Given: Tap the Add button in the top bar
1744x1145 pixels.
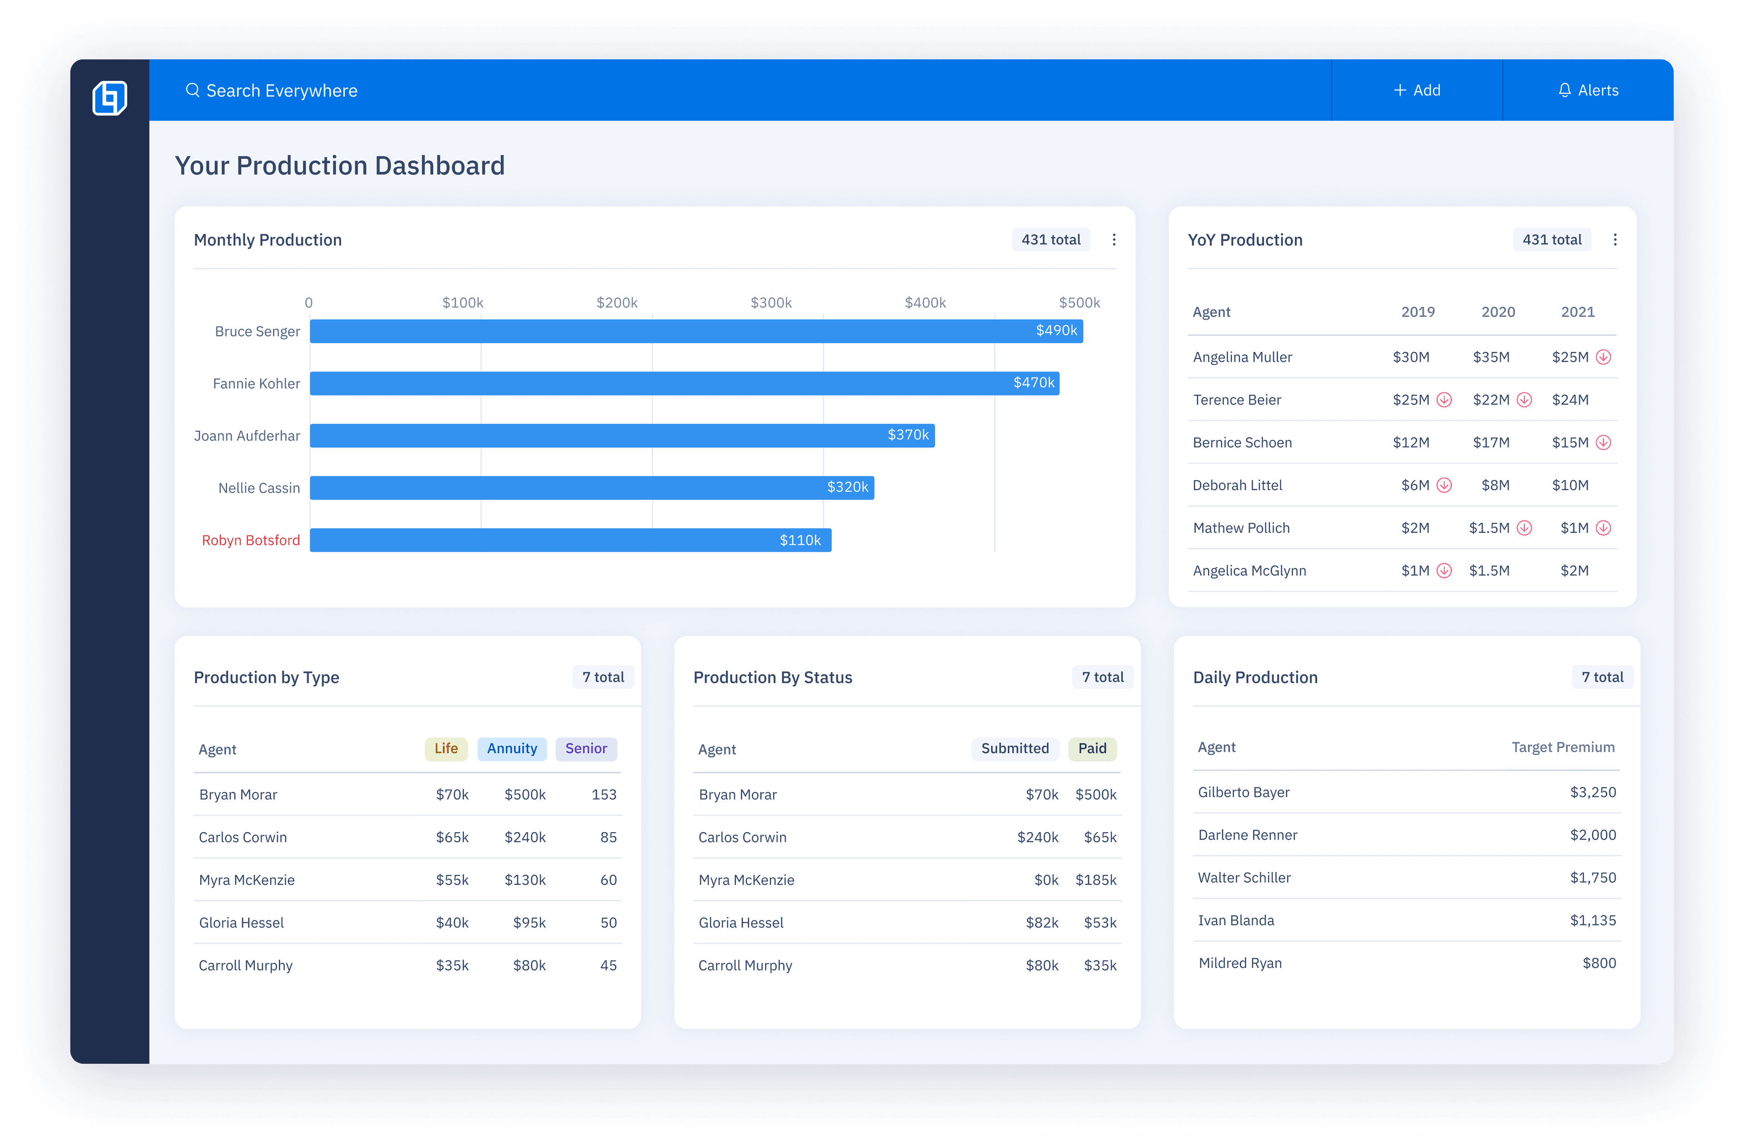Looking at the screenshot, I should click(x=1417, y=90).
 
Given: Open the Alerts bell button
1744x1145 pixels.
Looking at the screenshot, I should click(x=1588, y=90).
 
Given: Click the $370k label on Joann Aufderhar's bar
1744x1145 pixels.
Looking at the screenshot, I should click(x=908, y=435).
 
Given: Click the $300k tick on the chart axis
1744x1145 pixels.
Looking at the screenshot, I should click(x=771, y=302).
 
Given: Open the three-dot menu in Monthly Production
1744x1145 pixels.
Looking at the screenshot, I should click(x=1114, y=240).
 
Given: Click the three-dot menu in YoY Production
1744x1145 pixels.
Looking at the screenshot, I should click(x=1615, y=240).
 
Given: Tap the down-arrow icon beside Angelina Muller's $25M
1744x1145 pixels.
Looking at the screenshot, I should click(x=1603, y=357).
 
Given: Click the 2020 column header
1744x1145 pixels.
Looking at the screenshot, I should click(x=1498, y=312).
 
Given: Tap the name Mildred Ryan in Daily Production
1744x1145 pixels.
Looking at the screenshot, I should click(x=1240, y=963).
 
